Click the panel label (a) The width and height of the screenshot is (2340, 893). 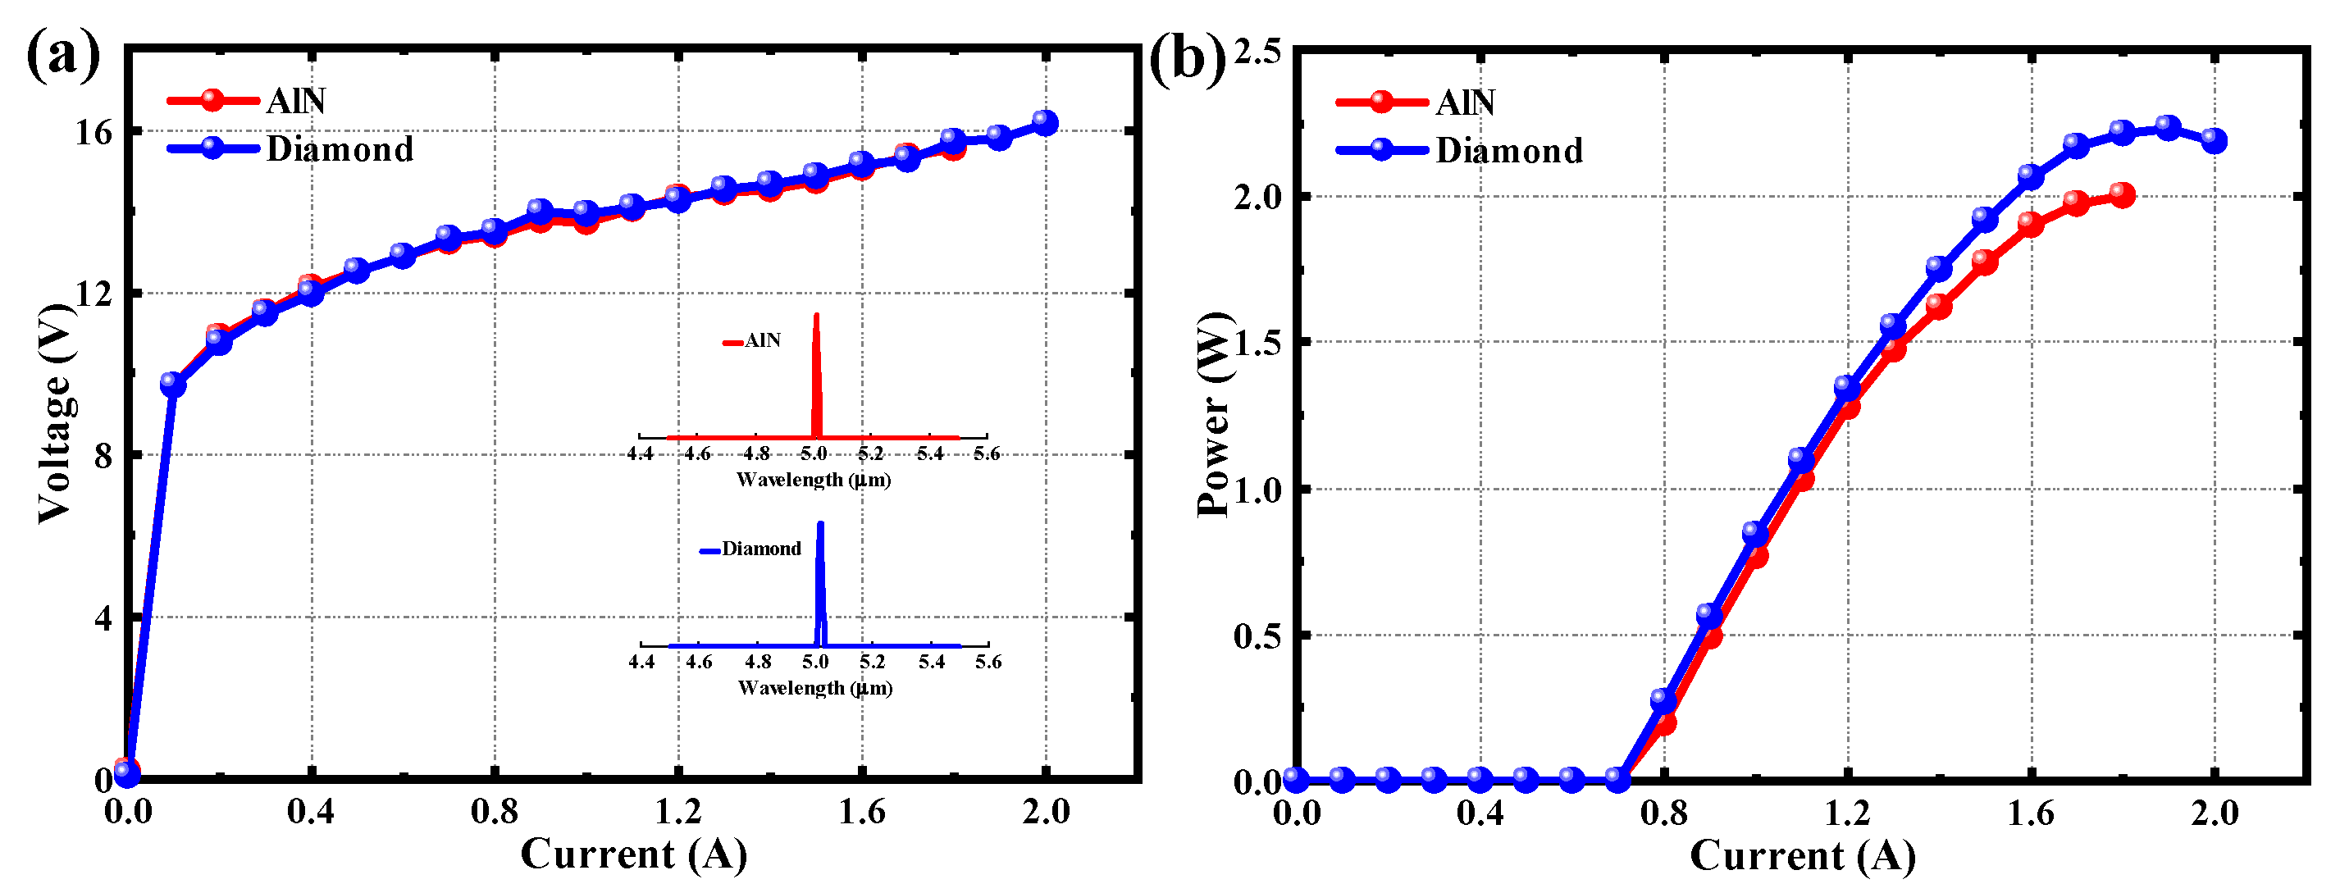62,57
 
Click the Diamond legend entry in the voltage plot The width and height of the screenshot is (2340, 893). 338,149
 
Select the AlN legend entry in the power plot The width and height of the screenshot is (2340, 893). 1464,102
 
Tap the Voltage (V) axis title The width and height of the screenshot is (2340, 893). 57,413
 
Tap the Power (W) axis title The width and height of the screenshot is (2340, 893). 1214,414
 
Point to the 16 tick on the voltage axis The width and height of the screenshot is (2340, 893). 94,133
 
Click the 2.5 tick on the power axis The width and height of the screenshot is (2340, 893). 1257,51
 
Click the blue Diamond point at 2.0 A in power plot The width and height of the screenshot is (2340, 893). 2214,140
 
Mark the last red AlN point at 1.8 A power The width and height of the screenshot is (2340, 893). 2122,194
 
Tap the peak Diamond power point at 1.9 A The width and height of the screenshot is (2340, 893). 2169,127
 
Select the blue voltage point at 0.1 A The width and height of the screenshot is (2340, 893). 172,385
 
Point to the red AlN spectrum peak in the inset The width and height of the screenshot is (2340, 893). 816,318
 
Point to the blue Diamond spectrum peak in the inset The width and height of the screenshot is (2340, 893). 820,525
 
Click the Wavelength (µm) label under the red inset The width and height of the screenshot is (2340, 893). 813,480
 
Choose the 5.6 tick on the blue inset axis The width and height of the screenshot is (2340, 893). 988,662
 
